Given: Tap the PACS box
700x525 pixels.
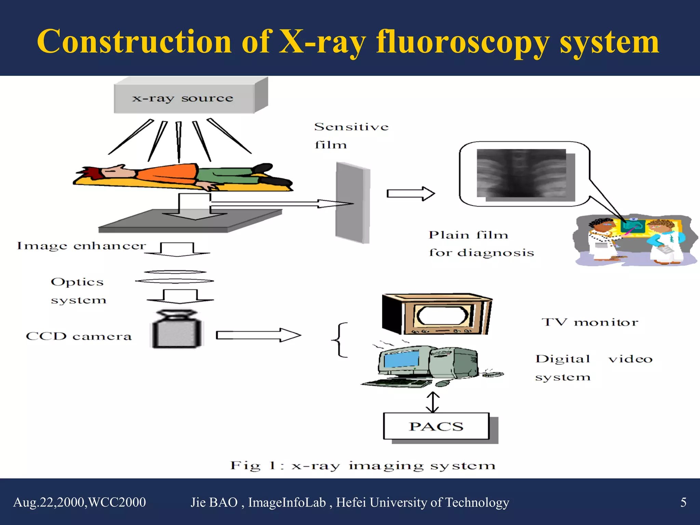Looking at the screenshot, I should [436, 426].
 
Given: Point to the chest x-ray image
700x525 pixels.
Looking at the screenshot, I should [521, 173].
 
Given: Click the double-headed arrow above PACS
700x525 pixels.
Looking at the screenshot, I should [433, 402].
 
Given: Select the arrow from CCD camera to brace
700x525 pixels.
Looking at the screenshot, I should [258, 335].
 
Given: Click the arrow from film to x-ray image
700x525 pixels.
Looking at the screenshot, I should [410, 194].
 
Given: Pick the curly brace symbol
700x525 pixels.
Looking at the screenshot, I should [339, 340].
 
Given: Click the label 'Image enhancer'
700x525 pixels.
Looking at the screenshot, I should [81, 246].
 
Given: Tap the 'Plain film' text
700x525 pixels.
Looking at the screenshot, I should [468, 235].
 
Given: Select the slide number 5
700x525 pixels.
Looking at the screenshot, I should [683, 502].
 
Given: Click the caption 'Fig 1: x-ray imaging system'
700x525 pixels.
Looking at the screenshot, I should [362, 466].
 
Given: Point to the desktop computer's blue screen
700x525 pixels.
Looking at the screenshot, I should [401, 360].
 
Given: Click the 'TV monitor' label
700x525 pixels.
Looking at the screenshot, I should [590, 322].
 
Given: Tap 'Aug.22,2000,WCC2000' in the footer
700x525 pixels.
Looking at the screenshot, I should [80, 502].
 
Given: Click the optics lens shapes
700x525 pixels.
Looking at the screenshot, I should [175, 277].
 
